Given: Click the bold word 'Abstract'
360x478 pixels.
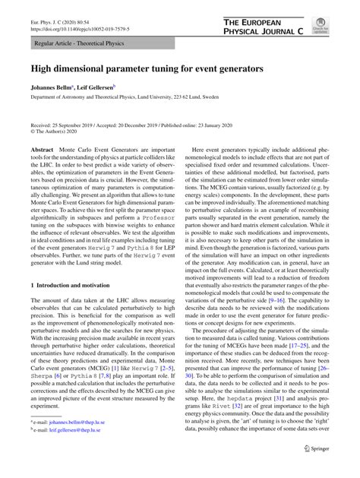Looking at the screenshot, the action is pyautogui.click(x=43, y=152).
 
